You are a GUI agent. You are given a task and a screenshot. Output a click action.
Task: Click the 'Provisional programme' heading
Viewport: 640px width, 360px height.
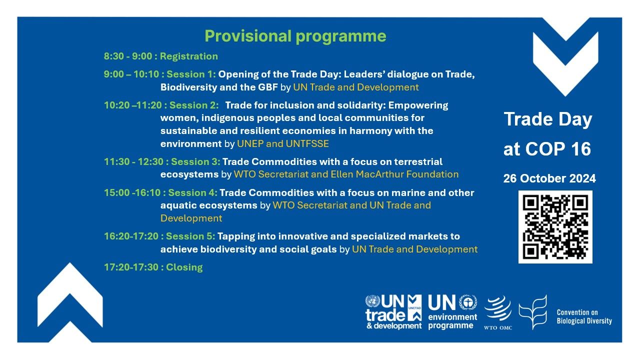click(x=295, y=36)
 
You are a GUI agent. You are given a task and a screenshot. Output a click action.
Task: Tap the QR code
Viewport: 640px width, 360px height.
click(x=555, y=227)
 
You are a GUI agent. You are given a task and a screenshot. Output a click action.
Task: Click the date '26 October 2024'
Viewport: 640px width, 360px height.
click(x=549, y=178)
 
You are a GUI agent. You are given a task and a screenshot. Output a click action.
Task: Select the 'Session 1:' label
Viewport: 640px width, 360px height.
click(x=191, y=74)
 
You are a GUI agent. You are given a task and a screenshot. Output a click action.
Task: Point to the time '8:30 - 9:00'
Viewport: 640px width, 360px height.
click(x=128, y=56)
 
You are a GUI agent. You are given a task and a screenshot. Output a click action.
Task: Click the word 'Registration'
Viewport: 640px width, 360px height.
click(x=189, y=56)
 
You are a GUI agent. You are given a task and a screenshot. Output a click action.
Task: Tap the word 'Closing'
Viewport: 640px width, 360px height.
click(x=184, y=267)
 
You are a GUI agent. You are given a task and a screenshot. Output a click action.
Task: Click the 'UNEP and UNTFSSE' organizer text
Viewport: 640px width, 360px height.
click(x=283, y=143)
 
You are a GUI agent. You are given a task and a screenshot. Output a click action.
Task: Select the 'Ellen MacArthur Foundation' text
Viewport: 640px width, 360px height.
click(x=394, y=174)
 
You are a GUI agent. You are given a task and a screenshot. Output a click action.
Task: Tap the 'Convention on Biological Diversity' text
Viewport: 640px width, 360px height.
click(x=584, y=317)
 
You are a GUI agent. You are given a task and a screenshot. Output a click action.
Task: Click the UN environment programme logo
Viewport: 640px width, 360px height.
click(x=452, y=312)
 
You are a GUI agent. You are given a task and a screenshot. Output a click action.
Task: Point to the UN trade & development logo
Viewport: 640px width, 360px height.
click(x=393, y=312)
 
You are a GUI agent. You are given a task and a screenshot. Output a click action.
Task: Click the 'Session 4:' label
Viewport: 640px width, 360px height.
click(x=192, y=193)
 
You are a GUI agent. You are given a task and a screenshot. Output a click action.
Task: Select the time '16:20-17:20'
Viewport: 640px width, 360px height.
click(x=131, y=236)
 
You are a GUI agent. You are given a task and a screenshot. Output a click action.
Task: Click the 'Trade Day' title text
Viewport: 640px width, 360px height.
click(x=547, y=119)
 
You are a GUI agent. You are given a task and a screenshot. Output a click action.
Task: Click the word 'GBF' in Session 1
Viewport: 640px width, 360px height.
click(x=268, y=87)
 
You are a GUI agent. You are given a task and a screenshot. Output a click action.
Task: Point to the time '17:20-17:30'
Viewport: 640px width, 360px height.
click(x=131, y=267)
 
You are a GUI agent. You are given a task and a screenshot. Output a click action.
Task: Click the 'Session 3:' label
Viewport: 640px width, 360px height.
click(x=195, y=162)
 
